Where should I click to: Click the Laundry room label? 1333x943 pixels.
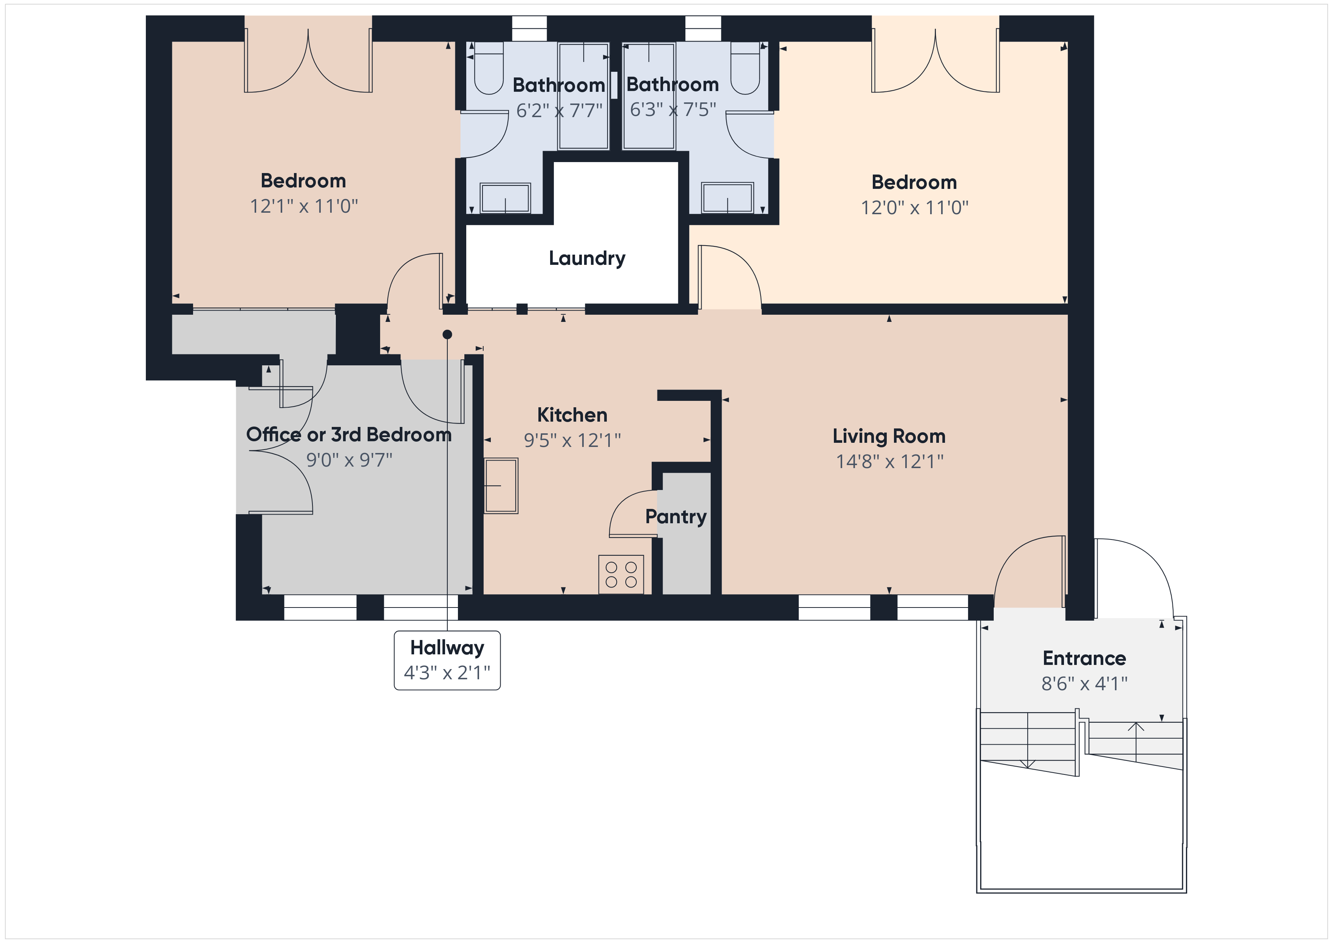pos(587,258)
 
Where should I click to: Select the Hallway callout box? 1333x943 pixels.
pos(447,660)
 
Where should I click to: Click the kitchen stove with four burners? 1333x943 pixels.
pos(621,574)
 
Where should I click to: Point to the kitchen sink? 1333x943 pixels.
pos(501,485)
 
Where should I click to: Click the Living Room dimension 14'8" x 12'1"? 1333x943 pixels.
pos(889,462)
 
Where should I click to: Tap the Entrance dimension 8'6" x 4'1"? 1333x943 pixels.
pos(1084,683)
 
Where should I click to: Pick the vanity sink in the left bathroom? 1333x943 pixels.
pos(505,198)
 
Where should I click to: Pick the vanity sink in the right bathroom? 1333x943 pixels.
pos(727,198)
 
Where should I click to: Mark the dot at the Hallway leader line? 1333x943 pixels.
pos(447,334)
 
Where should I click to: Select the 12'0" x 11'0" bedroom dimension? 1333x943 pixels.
pos(914,208)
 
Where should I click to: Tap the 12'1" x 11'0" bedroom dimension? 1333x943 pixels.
pos(304,206)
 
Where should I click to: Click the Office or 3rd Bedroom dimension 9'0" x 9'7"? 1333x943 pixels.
pos(349,460)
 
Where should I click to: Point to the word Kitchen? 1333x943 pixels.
pos(572,415)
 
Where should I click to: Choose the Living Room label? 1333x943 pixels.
pos(889,436)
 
